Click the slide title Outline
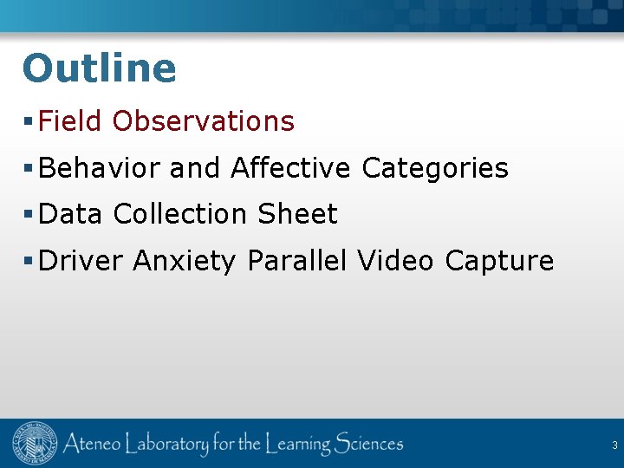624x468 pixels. pyautogui.click(x=99, y=68)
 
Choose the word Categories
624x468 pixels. pyautogui.click(x=435, y=167)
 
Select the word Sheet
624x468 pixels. pyautogui.click(x=297, y=214)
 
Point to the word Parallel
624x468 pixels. pyautogui.click(x=298, y=260)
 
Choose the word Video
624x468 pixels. pyautogui.click(x=395, y=260)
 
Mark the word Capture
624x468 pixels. pyautogui.click(x=499, y=261)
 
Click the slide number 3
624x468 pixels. pyautogui.click(x=614, y=445)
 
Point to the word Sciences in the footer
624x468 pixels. pyautogui.click(x=358, y=445)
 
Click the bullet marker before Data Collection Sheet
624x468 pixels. pyautogui.click(x=29, y=214)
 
